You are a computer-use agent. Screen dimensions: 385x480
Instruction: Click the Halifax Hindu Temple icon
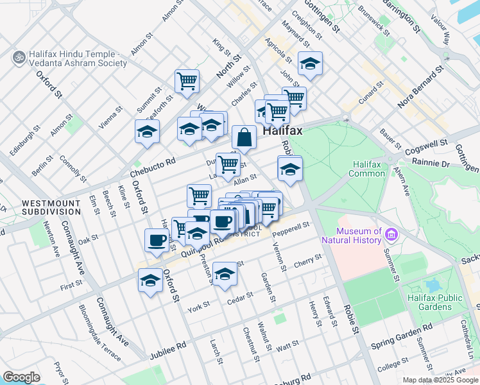click(x=19, y=58)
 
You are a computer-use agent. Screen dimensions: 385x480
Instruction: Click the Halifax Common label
click(x=367, y=169)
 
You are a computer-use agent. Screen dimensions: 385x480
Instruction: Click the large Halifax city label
click(x=282, y=130)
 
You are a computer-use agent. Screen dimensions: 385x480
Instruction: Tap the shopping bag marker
click(x=244, y=137)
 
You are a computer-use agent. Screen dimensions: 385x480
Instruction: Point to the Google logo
click(x=21, y=377)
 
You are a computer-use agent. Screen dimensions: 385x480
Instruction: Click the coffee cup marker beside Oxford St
click(x=157, y=241)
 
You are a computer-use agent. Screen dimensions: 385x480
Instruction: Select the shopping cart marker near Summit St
click(x=187, y=81)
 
